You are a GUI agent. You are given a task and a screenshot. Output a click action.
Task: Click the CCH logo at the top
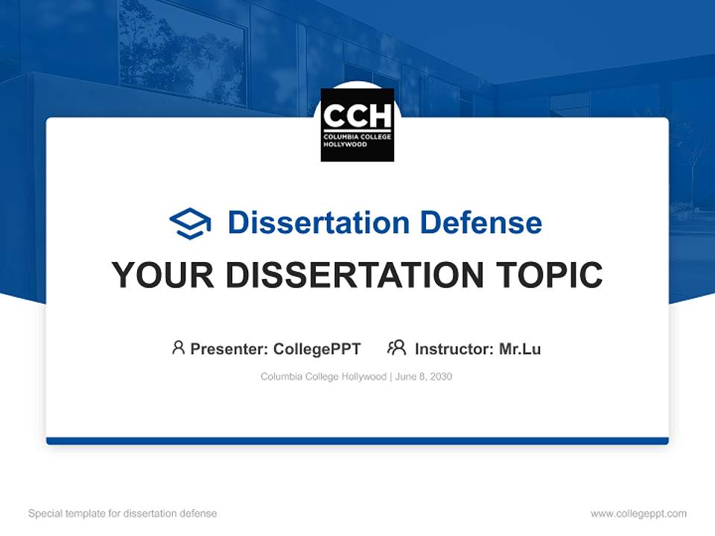[x=357, y=125]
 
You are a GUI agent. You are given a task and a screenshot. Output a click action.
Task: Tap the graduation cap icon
[x=190, y=223]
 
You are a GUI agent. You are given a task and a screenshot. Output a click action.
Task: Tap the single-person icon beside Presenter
[x=178, y=348]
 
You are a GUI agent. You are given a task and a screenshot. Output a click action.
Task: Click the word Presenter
[x=229, y=348]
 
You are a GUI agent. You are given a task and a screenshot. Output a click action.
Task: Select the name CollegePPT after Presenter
[x=317, y=348]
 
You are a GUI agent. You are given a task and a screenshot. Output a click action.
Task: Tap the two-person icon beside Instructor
[x=396, y=348]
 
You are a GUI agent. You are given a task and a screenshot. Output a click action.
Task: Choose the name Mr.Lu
[x=520, y=348]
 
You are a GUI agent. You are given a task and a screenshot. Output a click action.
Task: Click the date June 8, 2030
[x=424, y=377]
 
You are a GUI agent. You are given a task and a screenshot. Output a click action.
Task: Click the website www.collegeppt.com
[x=638, y=514]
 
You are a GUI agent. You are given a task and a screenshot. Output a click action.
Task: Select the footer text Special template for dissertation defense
[x=122, y=514]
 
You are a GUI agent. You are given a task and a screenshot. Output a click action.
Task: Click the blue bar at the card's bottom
[x=357, y=441]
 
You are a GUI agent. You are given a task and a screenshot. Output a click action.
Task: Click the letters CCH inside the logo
[x=357, y=116]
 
